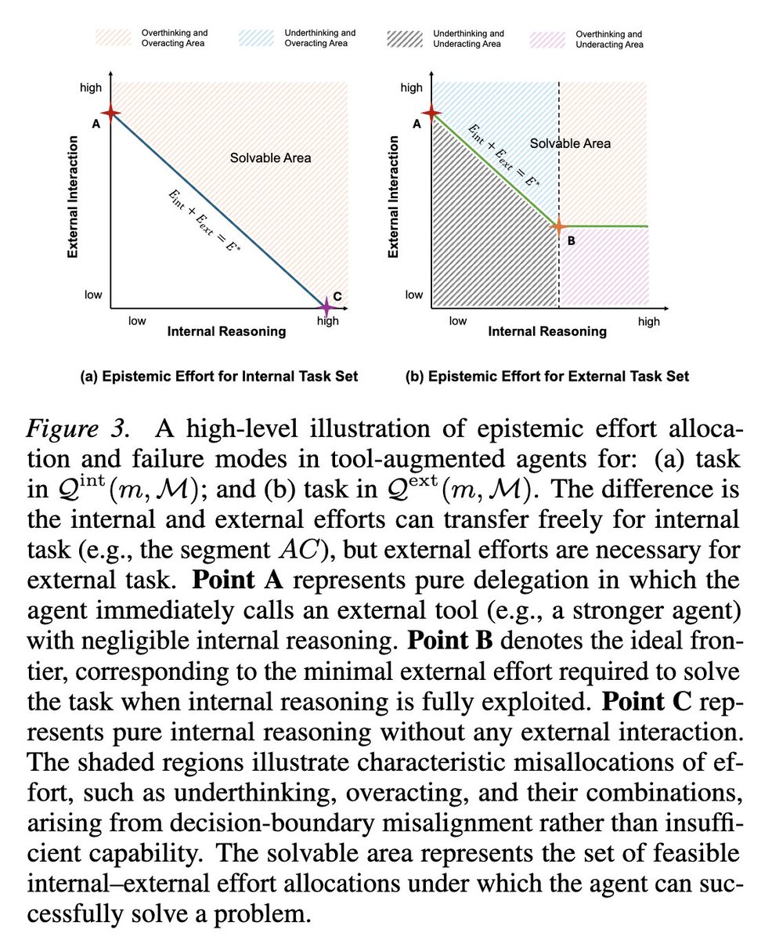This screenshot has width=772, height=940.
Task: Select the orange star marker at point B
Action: pyautogui.click(x=558, y=226)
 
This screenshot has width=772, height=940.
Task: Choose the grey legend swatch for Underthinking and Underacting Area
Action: pyautogui.click(x=406, y=39)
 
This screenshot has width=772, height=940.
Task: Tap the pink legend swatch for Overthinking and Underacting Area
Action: pyautogui.click(x=549, y=39)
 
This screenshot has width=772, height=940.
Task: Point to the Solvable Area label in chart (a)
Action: pyautogui.click(x=270, y=158)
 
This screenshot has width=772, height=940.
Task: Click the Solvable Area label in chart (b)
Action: pyautogui.click(x=570, y=143)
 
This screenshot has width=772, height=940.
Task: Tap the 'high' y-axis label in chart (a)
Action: pyautogui.click(x=91, y=88)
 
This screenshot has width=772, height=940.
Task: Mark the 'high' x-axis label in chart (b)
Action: pyautogui.click(x=649, y=321)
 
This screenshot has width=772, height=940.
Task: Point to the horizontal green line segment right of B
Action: pyautogui.click(x=604, y=226)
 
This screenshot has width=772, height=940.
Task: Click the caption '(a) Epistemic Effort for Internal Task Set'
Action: pyautogui.click(x=218, y=377)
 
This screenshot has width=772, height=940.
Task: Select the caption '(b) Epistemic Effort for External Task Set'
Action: pyautogui.click(x=547, y=377)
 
